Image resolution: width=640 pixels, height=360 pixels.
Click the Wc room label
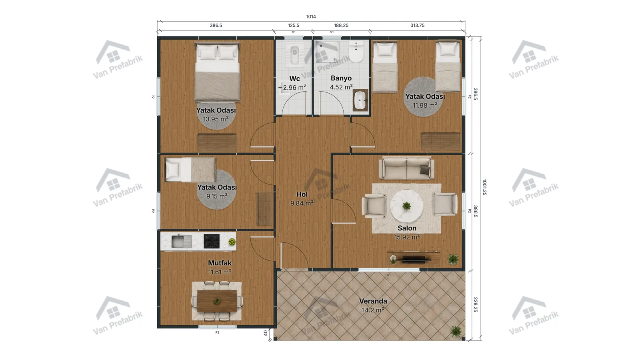coord(294,78)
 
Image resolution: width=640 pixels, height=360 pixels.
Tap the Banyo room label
coord(341,78)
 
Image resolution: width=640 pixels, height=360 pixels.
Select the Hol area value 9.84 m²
coord(302,203)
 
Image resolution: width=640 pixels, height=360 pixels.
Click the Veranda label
coord(373,301)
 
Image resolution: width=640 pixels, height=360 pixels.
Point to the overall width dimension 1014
coord(311,16)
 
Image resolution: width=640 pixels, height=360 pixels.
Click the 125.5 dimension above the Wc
coord(294,26)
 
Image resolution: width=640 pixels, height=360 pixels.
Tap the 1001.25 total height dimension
coord(484,187)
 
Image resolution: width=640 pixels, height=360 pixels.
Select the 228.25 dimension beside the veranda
coord(476,304)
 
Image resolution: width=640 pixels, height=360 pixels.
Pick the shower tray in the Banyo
coord(327,52)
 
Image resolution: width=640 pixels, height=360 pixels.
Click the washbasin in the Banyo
coord(360,100)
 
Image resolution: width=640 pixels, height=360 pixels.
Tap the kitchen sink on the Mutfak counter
coord(182,242)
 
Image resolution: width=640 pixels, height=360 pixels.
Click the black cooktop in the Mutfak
coord(212,241)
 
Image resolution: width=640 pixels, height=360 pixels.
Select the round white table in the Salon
coord(406,206)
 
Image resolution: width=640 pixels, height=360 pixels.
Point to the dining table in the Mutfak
coord(217,301)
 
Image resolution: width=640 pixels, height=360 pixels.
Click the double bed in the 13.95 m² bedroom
coord(218,72)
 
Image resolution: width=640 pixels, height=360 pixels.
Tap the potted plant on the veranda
coord(456,332)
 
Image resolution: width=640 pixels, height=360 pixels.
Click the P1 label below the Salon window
coord(389,275)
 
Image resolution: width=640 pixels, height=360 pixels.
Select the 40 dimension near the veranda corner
coord(266,333)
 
